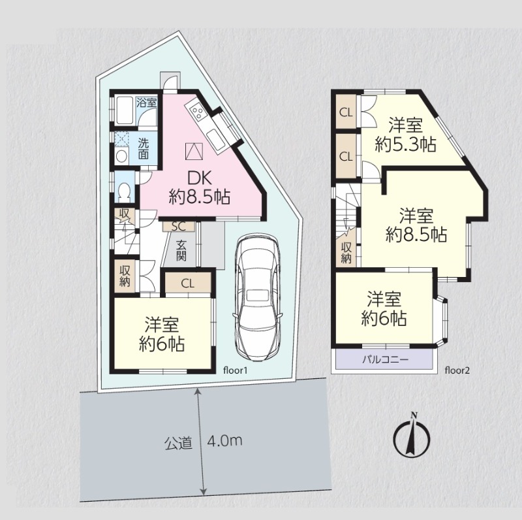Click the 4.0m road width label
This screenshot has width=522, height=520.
point(224,441)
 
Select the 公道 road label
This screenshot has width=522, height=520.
point(178,442)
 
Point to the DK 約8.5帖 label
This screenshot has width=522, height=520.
point(200,187)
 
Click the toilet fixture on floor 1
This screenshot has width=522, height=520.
point(125,192)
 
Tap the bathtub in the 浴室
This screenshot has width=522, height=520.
point(125,110)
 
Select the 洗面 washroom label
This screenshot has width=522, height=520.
point(144,149)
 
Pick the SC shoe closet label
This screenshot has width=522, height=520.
point(178,226)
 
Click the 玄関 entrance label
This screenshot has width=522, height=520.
point(181,250)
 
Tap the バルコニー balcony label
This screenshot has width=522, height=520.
point(385,360)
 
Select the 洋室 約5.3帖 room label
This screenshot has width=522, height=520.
point(405,135)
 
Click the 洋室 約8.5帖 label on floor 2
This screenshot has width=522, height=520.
point(416,225)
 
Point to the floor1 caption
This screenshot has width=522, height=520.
point(236,370)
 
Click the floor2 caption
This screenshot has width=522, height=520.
point(457,370)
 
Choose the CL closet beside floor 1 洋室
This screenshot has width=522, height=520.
point(188,284)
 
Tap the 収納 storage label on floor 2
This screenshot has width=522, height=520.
point(346,253)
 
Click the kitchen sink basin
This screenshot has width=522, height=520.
point(215,140)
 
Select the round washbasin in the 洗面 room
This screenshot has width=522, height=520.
point(122,155)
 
